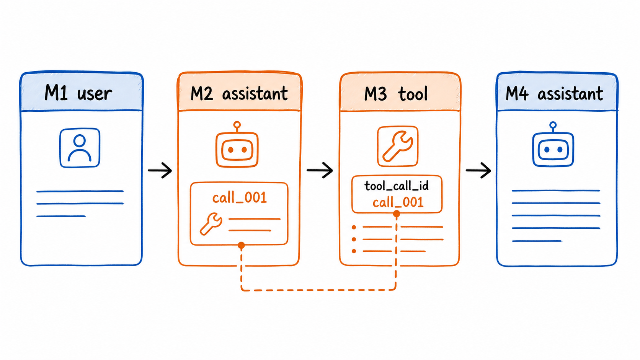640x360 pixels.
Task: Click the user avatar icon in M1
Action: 80,148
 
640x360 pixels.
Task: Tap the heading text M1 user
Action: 78,93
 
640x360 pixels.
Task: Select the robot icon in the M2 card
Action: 237,145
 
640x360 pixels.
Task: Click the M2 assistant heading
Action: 239,93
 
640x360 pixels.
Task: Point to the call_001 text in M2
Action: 240,197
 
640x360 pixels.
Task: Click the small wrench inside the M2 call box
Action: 211,224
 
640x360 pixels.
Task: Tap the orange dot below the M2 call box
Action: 242,245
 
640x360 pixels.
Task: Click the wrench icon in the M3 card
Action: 398,146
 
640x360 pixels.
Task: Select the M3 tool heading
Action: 396,94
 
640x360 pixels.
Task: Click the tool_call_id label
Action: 397,186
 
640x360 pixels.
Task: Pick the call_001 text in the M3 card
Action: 398,202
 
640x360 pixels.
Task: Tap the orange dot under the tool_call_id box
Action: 397,213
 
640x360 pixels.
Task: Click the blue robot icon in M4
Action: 553,145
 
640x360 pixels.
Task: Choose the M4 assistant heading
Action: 554,93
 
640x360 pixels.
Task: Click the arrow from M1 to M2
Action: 160,171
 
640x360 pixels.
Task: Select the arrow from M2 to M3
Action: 320,171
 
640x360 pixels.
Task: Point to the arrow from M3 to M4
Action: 478,171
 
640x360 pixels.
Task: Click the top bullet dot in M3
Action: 354,227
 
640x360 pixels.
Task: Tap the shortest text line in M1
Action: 61,217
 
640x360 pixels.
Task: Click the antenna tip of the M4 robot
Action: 553,125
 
